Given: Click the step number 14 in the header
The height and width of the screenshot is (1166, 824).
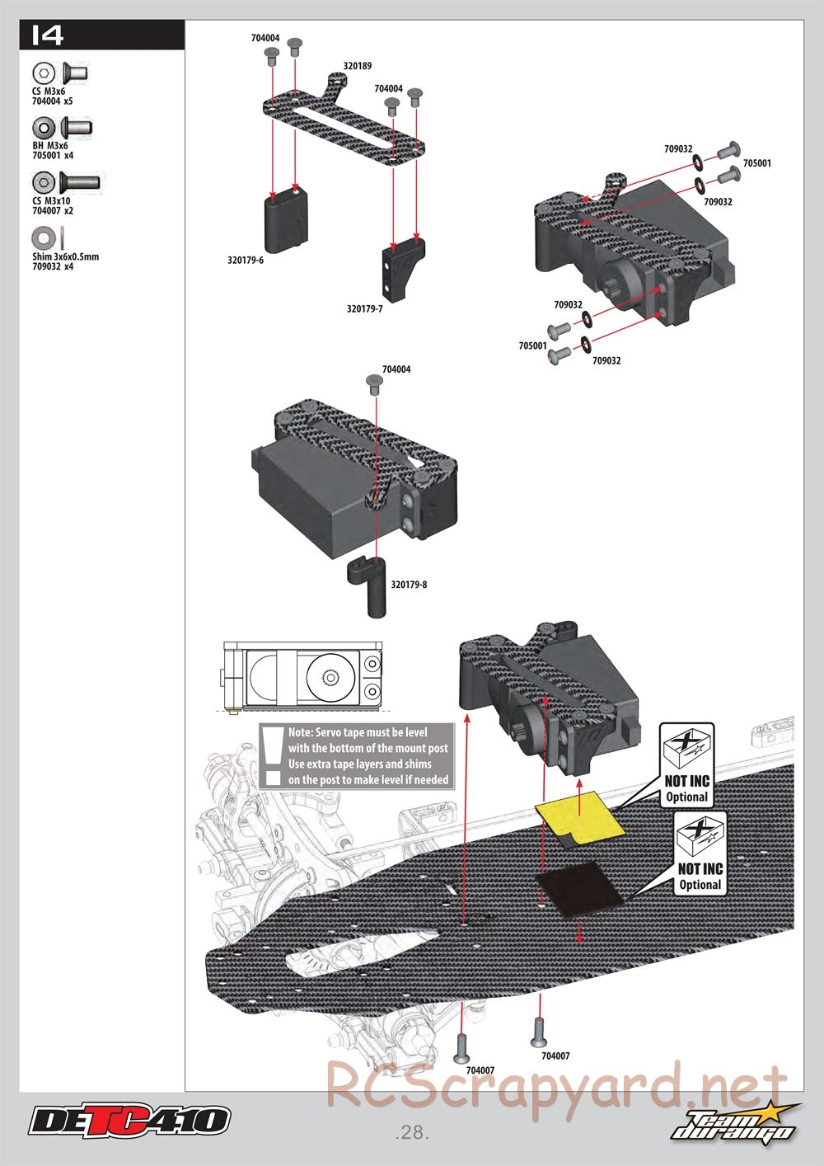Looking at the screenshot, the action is click(x=47, y=35).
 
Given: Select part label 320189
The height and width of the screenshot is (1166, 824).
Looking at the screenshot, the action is click(x=358, y=66).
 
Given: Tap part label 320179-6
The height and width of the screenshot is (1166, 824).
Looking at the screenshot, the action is click(x=246, y=260).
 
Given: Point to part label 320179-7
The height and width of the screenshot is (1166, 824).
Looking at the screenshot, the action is click(x=365, y=308).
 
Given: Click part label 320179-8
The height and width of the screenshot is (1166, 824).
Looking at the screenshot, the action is click(x=409, y=585).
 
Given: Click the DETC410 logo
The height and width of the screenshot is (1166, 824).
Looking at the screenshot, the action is click(x=130, y=1119).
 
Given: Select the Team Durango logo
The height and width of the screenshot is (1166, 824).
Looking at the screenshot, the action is click(x=734, y=1121).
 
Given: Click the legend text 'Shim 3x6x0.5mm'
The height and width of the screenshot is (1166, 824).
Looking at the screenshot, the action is click(x=66, y=256).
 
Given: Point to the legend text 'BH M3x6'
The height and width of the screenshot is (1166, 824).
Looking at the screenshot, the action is click(x=50, y=146).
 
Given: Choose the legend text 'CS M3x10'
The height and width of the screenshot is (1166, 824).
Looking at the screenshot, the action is click(x=51, y=201).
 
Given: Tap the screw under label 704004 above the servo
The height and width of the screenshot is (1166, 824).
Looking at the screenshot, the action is click(x=374, y=383).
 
